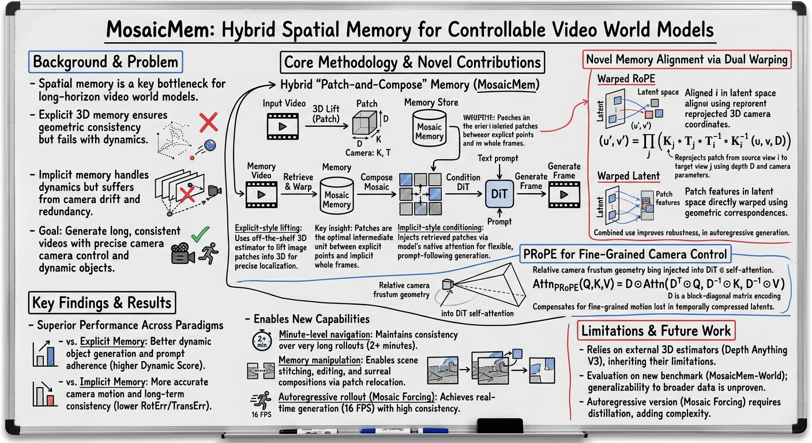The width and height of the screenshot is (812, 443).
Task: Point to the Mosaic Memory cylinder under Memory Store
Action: pyautogui.click(x=429, y=127)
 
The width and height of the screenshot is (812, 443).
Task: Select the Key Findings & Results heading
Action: pyautogui.click(x=101, y=303)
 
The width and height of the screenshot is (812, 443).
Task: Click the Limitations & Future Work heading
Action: pyautogui.click(x=656, y=331)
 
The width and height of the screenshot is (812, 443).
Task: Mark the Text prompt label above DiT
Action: pyautogui.click(x=498, y=157)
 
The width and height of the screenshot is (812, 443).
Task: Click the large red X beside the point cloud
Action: pyautogui.click(x=208, y=122)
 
